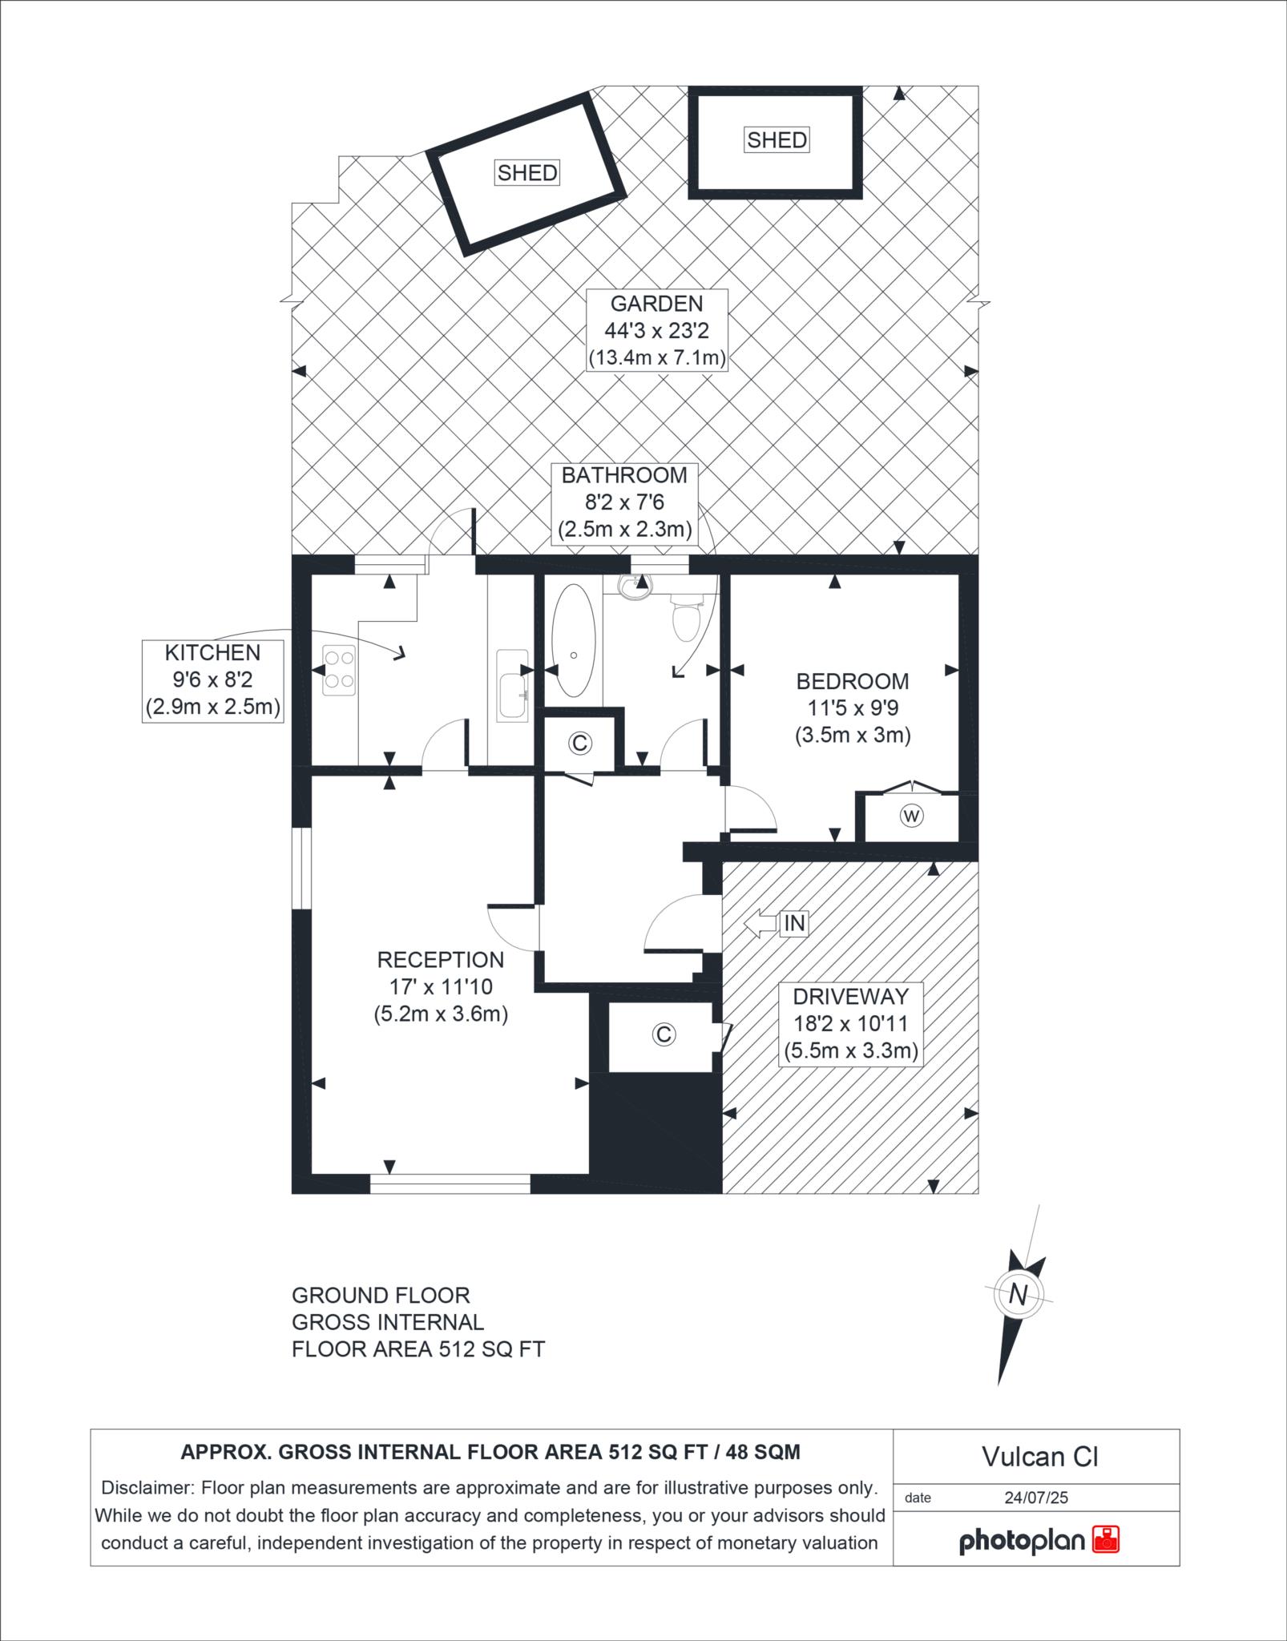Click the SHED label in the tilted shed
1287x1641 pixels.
click(x=527, y=172)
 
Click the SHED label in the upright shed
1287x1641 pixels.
click(x=777, y=140)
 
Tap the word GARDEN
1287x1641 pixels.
click(x=656, y=304)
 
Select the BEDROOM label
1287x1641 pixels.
click(x=853, y=682)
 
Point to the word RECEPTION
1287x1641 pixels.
click(x=441, y=960)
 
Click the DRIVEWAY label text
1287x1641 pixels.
click(x=851, y=997)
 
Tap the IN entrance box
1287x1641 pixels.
click(x=793, y=923)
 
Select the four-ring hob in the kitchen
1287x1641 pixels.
click(x=339, y=671)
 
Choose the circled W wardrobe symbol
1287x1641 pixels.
click(x=911, y=816)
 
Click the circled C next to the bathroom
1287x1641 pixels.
click(x=579, y=744)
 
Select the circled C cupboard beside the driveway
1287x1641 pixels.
click(x=663, y=1034)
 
